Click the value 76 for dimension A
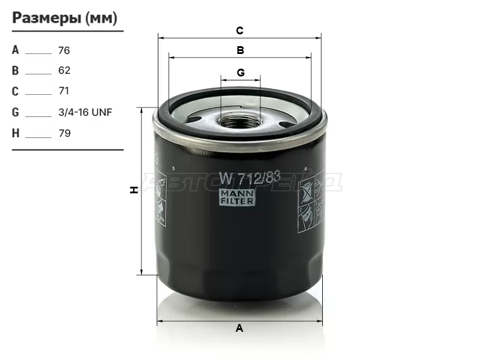tap(64, 50)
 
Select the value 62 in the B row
tap(64, 70)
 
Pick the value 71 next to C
tap(64, 91)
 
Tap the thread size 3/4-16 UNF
tap(85, 112)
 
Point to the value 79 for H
tap(64, 133)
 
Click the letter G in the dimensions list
tap(16, 112)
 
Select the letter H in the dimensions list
tap(16, 133)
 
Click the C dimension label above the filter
tap(239, 30)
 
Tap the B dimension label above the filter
tap(240, 50)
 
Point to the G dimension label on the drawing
tap(241, 73)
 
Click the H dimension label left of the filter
tap(134, 190)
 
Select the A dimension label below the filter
tap(239, 328)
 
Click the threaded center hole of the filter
tap(240, 121)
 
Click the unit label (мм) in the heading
tap(101, 18)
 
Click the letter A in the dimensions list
tap(16, 50)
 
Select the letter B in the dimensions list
tap(16, 70)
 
